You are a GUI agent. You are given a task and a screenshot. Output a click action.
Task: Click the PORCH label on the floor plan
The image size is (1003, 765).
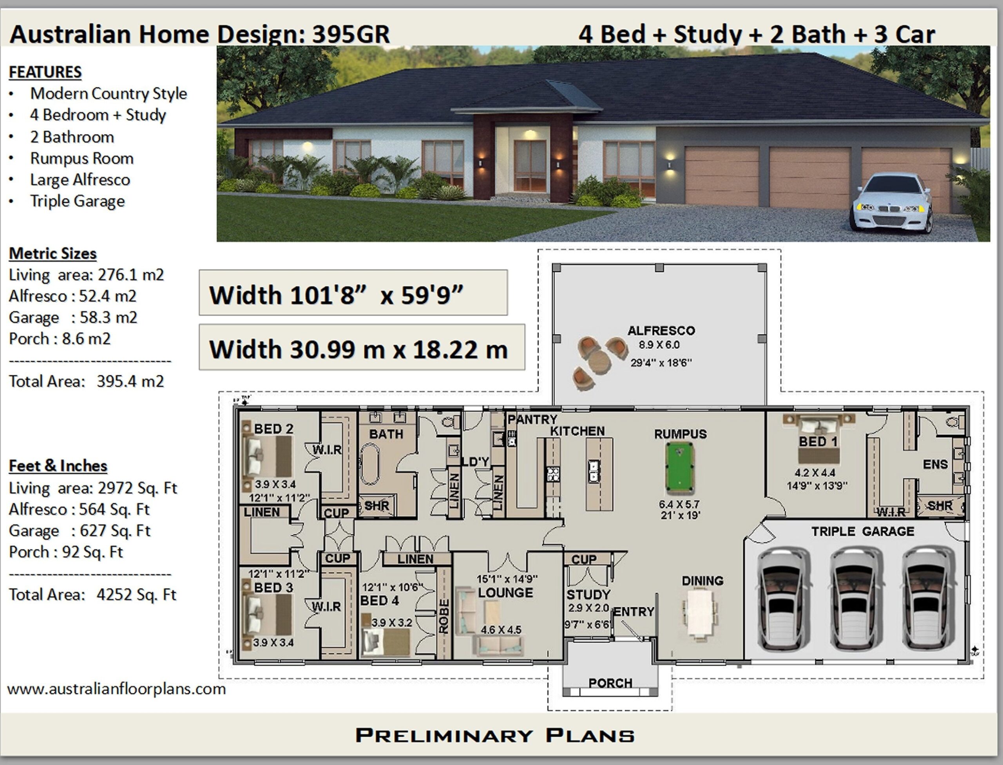pyautogui.click(x=610, y=683)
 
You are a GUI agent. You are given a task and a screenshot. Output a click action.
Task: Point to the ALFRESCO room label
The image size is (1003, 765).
pyautogui.click(x=661, y=330)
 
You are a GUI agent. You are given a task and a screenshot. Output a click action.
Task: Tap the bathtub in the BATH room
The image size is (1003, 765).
pyautogui.click(x=370, y=464)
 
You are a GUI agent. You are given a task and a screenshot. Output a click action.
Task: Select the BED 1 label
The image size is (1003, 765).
pyautogui.click(x=818, y=441)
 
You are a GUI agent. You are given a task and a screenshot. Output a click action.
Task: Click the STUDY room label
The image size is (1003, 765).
pyautogui.click(x=588, y=595)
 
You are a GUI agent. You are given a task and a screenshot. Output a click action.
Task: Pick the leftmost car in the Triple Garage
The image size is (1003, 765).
pyautogui.click(x=783, y=599)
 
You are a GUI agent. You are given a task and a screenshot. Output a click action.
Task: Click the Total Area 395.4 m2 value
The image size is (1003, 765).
pyautogui.click(x=130, y=381)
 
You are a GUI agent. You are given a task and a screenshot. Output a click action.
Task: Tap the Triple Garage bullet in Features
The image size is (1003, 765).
pyautogui.click(x=77, y=201)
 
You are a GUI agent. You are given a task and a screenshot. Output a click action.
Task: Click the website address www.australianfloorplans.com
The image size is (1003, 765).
pyautogui.click(x=116, y=689)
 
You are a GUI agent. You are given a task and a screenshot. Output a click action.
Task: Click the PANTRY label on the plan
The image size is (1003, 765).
pyautogui.click(x=532, y=419)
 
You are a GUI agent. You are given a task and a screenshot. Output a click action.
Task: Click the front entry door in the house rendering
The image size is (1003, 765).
pyautogui.click(x=530, y=166)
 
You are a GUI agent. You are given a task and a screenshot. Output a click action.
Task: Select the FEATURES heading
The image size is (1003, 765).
pyautogui.click(x=45, y=72)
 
